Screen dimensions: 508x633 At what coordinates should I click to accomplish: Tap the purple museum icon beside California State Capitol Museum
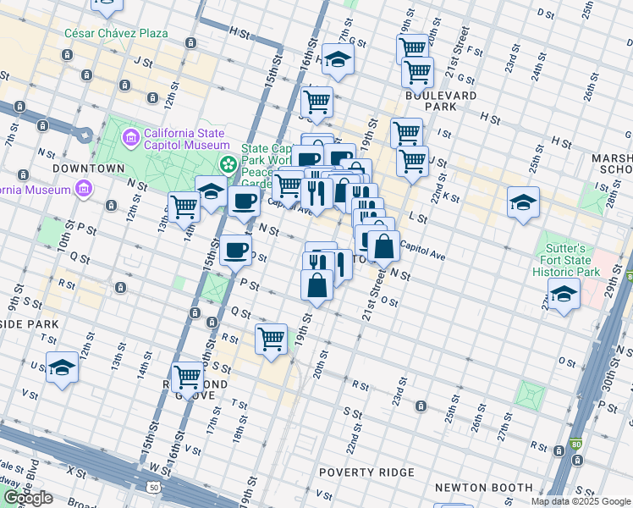(131, 137)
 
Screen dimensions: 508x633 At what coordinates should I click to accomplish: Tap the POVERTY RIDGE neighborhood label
(366, 472)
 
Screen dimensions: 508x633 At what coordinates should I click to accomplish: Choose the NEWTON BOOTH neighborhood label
(483, 488)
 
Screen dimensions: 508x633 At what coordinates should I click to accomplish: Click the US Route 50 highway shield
(153, 488)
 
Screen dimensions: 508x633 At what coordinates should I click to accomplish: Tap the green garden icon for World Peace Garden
(227, 163)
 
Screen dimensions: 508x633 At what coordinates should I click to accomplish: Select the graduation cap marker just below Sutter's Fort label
(563, 295)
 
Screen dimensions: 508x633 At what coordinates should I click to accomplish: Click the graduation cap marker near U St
(62, 368)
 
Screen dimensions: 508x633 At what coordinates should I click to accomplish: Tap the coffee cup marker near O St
(235, 250)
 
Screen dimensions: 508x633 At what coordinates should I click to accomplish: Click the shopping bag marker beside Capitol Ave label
(383, 248)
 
